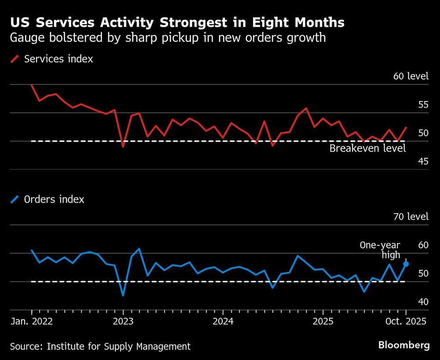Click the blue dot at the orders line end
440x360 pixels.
click(406, 264)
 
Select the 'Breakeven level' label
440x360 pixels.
click(367, 149)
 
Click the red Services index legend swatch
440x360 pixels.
click(15, 59)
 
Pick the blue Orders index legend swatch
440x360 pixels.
click(15, 199)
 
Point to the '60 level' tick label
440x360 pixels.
click(410, 76)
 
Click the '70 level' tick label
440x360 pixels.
click(410, 217)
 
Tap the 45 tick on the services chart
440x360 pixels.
click(422, 161)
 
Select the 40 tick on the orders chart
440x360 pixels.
click(422, 302)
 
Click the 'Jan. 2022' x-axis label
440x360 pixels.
click(31, 321)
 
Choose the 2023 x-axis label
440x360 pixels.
click(123, 321)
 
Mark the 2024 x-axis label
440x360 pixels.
click(223, 321)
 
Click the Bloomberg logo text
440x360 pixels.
click(404, 345)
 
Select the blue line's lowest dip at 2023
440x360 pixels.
click(123, 295)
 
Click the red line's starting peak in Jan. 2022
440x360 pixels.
click(32, 85)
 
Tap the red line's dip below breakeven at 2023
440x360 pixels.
click(123, 146)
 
